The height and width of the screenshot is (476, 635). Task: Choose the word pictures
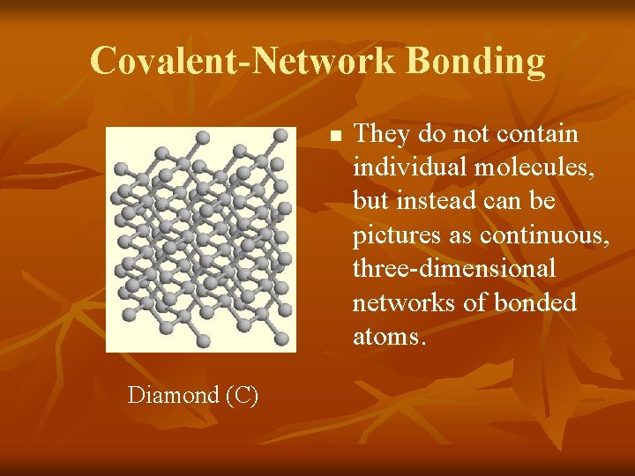click(x=392, y=235)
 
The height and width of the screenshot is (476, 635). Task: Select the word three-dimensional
click(x=454, y=269)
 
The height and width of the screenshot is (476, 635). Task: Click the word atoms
click(x=389, y=336)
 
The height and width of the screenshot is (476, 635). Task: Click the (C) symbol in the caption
click(x=242, y=395)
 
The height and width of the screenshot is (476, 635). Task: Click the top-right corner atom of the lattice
click(x=280, y=135)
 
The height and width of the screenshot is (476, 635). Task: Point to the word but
click(x=370, y=202)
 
